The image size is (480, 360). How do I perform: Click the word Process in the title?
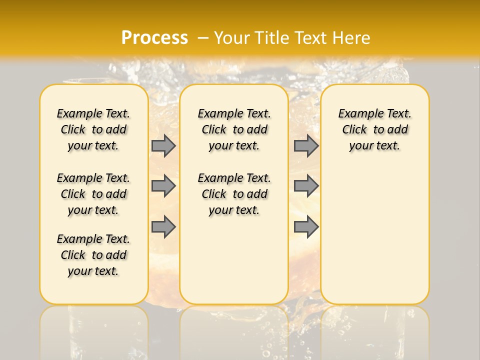(x=154, y=38)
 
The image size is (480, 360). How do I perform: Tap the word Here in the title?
(x=352, y=38)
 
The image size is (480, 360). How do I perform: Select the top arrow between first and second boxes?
(x=163, y=145)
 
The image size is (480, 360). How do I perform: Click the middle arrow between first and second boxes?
(x=163, y=186)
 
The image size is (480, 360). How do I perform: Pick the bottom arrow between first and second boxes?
(x=163, y=226)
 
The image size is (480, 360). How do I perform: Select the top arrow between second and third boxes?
(x=306, y=145)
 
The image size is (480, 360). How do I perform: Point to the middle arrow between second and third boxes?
(x=306, y=186)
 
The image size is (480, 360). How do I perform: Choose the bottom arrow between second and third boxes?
(x=306, y=226)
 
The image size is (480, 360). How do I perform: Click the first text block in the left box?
(x=93, y=129)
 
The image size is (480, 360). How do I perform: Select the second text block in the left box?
(x=93, y=194)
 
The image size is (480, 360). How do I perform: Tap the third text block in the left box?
(x=93, y=255)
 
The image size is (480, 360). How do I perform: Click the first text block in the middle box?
(x=234, y=129)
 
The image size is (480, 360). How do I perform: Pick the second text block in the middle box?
(x=234, y=194)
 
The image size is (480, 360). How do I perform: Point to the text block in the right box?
(x=375, y=129)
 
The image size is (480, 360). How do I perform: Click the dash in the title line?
(x=203, y=38)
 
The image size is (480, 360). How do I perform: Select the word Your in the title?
(x=232, y=38)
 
